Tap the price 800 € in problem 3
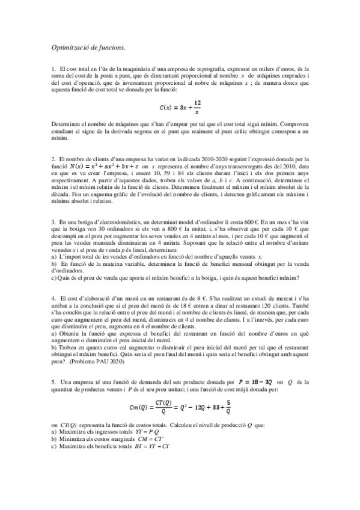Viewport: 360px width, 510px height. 184,229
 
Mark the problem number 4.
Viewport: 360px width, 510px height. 53,298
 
